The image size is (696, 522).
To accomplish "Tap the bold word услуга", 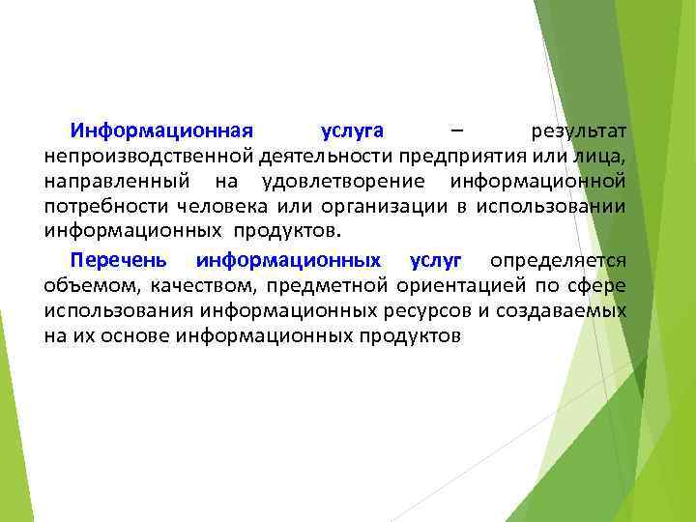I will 352,130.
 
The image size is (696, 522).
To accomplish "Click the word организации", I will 377,206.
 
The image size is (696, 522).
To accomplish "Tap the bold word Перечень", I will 118,260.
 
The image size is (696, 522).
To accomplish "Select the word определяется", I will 558,260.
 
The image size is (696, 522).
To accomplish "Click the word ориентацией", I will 458,285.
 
